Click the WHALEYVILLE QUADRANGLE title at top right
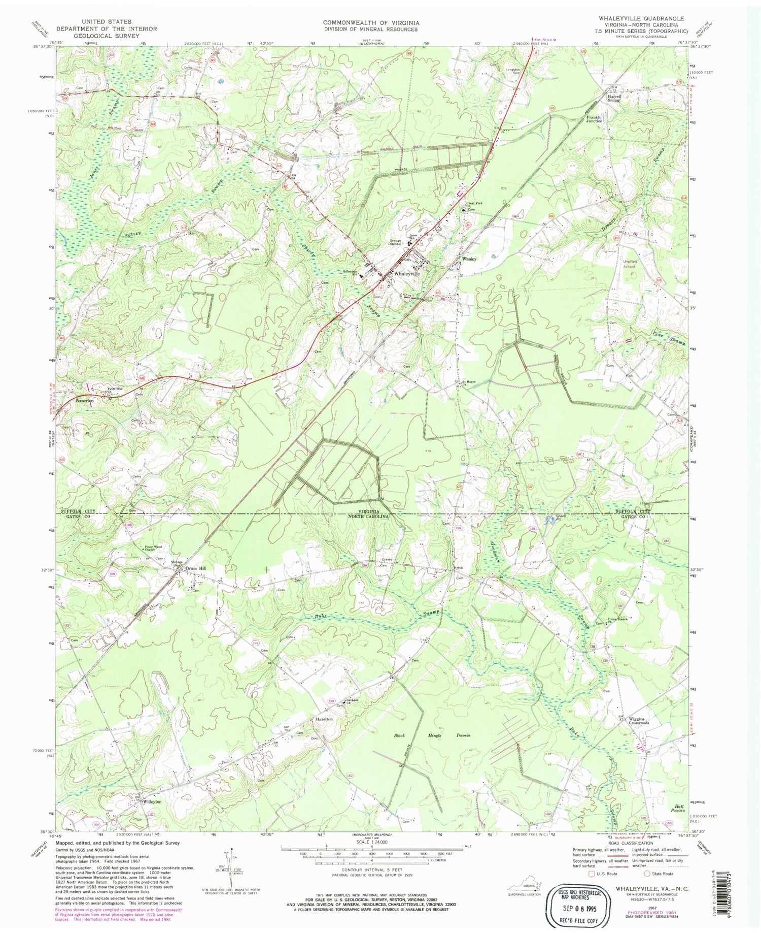pyautogui.click(x=641, y=19)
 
